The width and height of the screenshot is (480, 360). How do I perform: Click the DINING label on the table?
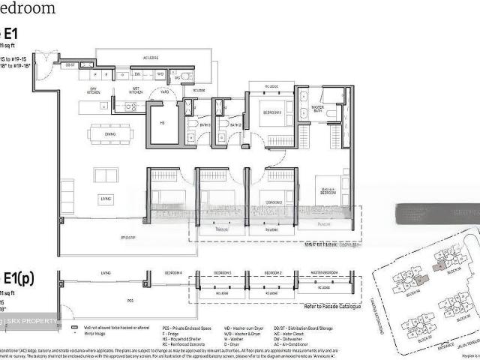[110, 135]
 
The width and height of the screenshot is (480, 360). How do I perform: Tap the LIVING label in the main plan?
[106, 198]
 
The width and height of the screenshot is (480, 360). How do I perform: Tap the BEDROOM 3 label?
[271, 112]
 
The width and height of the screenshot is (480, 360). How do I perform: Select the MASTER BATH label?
[322, 109]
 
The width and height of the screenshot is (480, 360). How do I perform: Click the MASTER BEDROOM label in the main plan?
[328, 190]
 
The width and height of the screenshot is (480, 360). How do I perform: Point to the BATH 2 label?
[234, 125]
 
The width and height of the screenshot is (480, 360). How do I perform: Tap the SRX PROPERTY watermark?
[30, 322]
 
